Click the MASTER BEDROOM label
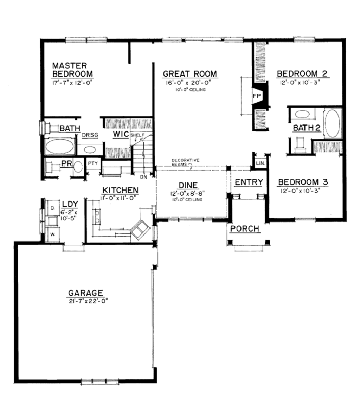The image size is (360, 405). coord(72,70)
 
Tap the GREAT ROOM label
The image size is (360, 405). coord(190,74)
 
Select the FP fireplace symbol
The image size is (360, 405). coord(256,95)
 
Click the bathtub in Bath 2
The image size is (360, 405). coord(332,123)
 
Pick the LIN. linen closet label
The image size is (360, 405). coord(260,163)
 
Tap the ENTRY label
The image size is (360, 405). coord(249,182)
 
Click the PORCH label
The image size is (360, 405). coord(245,229)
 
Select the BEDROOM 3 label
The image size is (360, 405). coord(303,182)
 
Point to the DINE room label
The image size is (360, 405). coord(188,185)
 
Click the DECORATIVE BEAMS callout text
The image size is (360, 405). coord(185,162)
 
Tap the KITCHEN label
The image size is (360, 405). coord(120,190)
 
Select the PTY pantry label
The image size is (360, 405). coord(93,163)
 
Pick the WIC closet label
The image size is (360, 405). coord(120,135)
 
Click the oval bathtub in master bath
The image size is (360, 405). coord(60,147)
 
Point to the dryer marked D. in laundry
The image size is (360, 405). coord(52,208)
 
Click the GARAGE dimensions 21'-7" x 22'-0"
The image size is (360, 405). coord(86,301)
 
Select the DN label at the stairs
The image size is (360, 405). coord(143,177)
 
